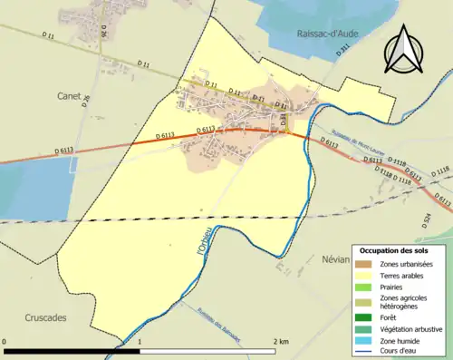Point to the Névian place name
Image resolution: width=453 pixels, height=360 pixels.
coord(335,258)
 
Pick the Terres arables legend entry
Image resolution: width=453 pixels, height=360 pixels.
coord(406,276)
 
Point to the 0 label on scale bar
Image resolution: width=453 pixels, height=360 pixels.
coord(5,341)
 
